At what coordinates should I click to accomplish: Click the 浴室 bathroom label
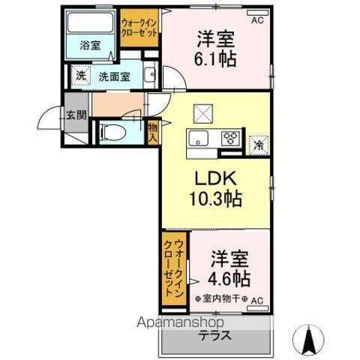(90, 46)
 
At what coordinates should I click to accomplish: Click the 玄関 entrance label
(76, 115)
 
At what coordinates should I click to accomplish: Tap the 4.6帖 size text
(228, 278)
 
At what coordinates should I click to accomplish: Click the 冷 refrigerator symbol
(258, 143)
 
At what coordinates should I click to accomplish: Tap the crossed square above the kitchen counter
(203, 112)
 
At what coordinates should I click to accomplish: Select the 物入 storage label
(152, 133)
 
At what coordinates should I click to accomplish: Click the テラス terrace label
(214, 335)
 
